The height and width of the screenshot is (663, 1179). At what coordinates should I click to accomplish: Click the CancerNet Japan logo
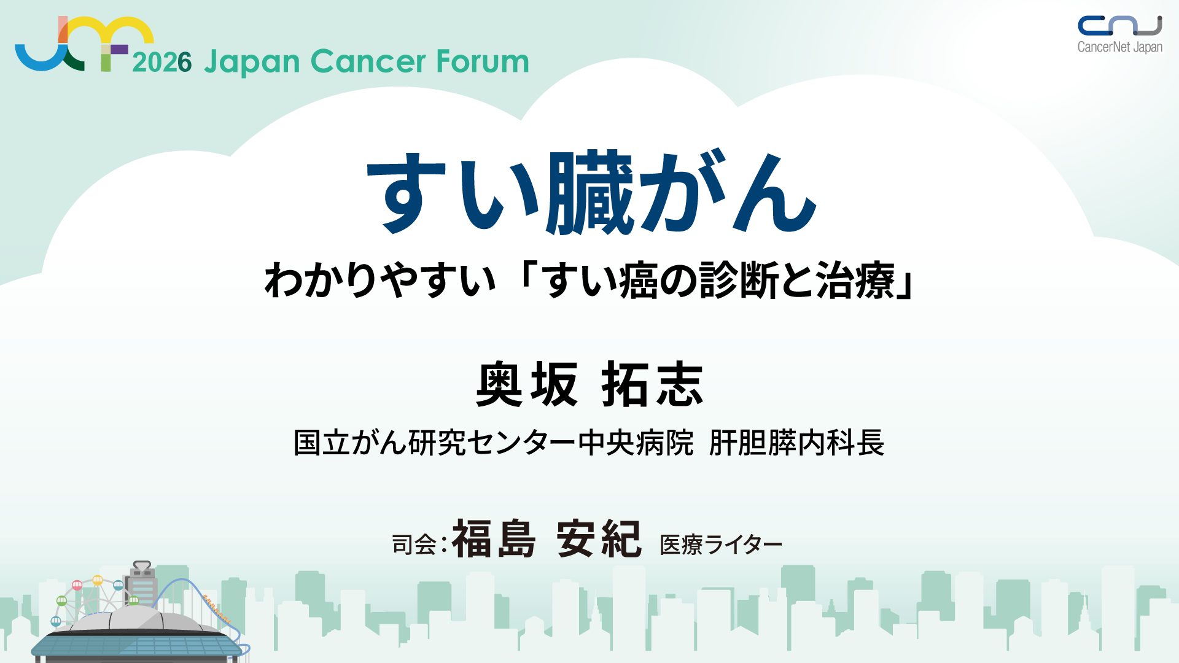coord(1120,35)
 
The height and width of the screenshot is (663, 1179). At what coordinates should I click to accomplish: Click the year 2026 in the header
coord(162,62)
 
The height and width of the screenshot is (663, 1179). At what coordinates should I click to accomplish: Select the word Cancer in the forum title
coord(368,61)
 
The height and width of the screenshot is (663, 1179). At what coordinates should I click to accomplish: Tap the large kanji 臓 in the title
coord(590,192)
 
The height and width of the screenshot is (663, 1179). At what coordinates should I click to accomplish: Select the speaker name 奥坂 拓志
coord(589,384)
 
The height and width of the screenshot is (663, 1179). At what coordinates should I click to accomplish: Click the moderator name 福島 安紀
coord(547,538)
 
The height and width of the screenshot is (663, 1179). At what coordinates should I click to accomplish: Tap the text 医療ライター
coord(721,545)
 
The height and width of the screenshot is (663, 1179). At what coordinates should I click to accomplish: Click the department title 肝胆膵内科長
coord(796,443)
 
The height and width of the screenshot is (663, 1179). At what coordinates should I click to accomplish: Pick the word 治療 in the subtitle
coord(855,280)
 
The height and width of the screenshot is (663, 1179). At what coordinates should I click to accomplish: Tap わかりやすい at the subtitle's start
coord(379,280)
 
